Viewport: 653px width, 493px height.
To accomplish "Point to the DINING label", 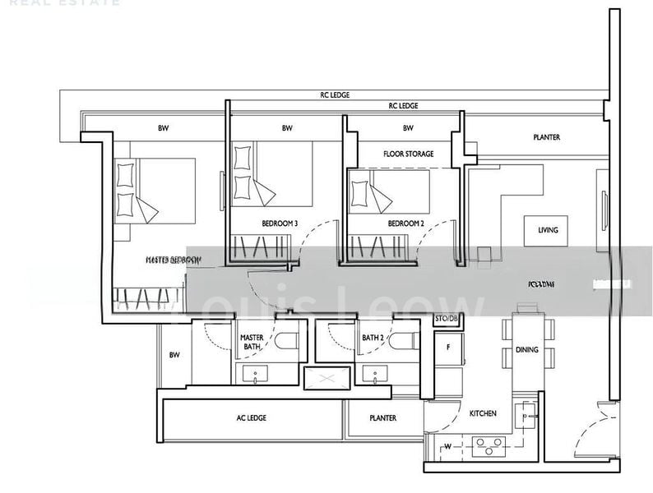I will pyautogui.click(x=527, y=350).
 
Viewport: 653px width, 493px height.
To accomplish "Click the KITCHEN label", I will pyautogui.click(x=482, y=414).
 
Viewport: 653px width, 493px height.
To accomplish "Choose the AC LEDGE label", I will pyautogui.click(x=251, y=418).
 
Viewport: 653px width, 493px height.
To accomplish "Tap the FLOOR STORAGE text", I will pyautogui.click(x=408, y=154).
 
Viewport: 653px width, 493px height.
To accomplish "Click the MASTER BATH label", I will pyautogui.click(x=251, y=343).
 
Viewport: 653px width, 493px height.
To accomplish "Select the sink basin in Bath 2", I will pyautogui.click(x=375, y=376).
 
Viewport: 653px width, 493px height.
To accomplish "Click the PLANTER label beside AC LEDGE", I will pyautogui.click(x=382, y=418).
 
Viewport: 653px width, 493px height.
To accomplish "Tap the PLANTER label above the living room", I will pyautogui.click(x=546, y=137).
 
